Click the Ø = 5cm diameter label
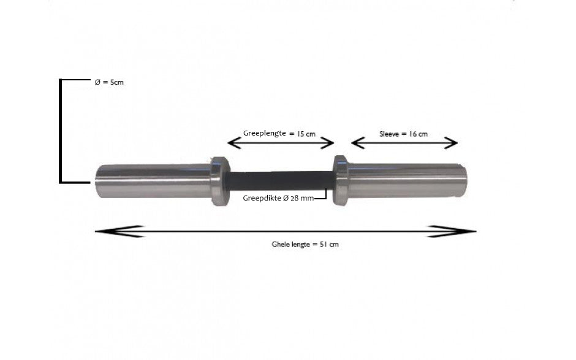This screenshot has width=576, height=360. point(109,82)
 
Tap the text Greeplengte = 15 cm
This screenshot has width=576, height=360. point(279,134)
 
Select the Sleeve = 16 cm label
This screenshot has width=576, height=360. point(403,134)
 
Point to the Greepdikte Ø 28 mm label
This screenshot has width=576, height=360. point(278,198)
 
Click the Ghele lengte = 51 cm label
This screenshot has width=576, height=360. point(305,244)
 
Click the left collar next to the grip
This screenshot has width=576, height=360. point(221,181)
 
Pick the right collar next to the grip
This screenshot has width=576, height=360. point(341,180)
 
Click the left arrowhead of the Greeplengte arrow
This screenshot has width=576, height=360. point(234,143)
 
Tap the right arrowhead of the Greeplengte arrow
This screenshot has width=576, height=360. point(327,143)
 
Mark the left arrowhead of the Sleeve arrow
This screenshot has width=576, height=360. point(358,143)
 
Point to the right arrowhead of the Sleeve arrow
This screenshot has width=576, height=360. point(451,143)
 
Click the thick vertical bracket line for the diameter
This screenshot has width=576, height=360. point(61,131)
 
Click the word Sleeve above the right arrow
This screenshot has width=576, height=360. point(389,134)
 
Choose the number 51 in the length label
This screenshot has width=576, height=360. point(324,244)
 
